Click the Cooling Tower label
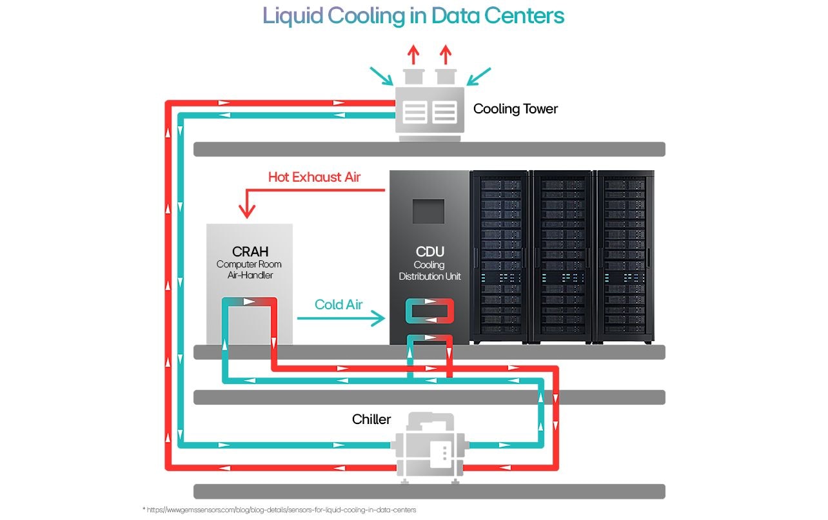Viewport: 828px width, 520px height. click(x=515, y=109)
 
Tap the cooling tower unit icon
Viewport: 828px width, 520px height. click(x=429, y=110)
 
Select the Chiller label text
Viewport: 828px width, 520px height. click(x=371, y=419)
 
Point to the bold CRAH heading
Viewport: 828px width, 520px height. click(x=249, y=251)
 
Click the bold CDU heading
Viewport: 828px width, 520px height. click(x=429, y=251)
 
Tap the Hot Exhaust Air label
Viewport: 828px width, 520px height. click(x=314, y=177)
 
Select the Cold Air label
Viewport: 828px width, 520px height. click(x=339, y=305)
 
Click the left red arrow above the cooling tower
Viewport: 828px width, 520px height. click(x=413, y=54)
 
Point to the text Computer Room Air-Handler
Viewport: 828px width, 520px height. click(x=249, y=270)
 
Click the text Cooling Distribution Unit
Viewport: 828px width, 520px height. click(x=429, y=271)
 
